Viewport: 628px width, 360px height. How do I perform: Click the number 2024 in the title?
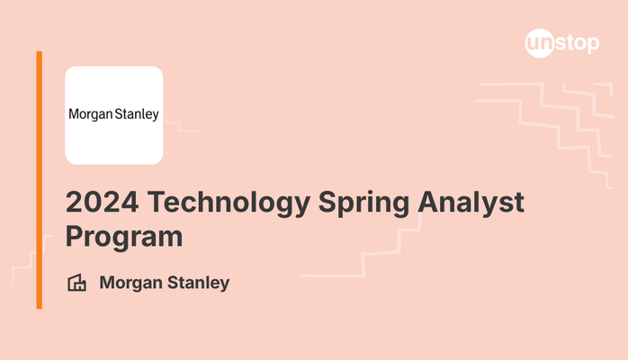[x=103, y=202]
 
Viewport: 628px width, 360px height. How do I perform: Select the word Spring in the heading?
[x=363, y=204]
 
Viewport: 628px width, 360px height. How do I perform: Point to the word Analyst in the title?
[x=471, y=203]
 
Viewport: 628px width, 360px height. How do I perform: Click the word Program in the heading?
[x=124, y=238]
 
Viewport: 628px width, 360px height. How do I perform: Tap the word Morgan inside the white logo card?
[x=91, y=114]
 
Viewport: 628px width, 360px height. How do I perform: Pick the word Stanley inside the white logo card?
[x=137, y=114]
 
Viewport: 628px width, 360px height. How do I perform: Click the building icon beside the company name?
[x=76, y=283]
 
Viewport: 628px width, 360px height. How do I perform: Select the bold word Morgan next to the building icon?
[x=130, y=283]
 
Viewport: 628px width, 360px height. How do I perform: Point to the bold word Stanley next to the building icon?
[x=198, y=283]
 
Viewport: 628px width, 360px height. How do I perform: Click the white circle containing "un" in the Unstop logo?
[x=540, y=43]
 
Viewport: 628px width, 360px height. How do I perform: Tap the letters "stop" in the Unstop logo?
[x=577, y=43]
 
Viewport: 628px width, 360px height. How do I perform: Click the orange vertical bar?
[x=40, y=180]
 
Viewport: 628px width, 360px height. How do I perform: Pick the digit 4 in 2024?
[x=130, y=202]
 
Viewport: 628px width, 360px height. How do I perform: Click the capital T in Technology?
[x=157, y=202]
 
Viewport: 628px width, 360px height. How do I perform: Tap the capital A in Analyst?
[x=428, y=202]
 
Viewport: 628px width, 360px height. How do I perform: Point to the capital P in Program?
[x=75, y=236]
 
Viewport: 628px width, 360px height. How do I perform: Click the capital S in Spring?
[x=328, y=202]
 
